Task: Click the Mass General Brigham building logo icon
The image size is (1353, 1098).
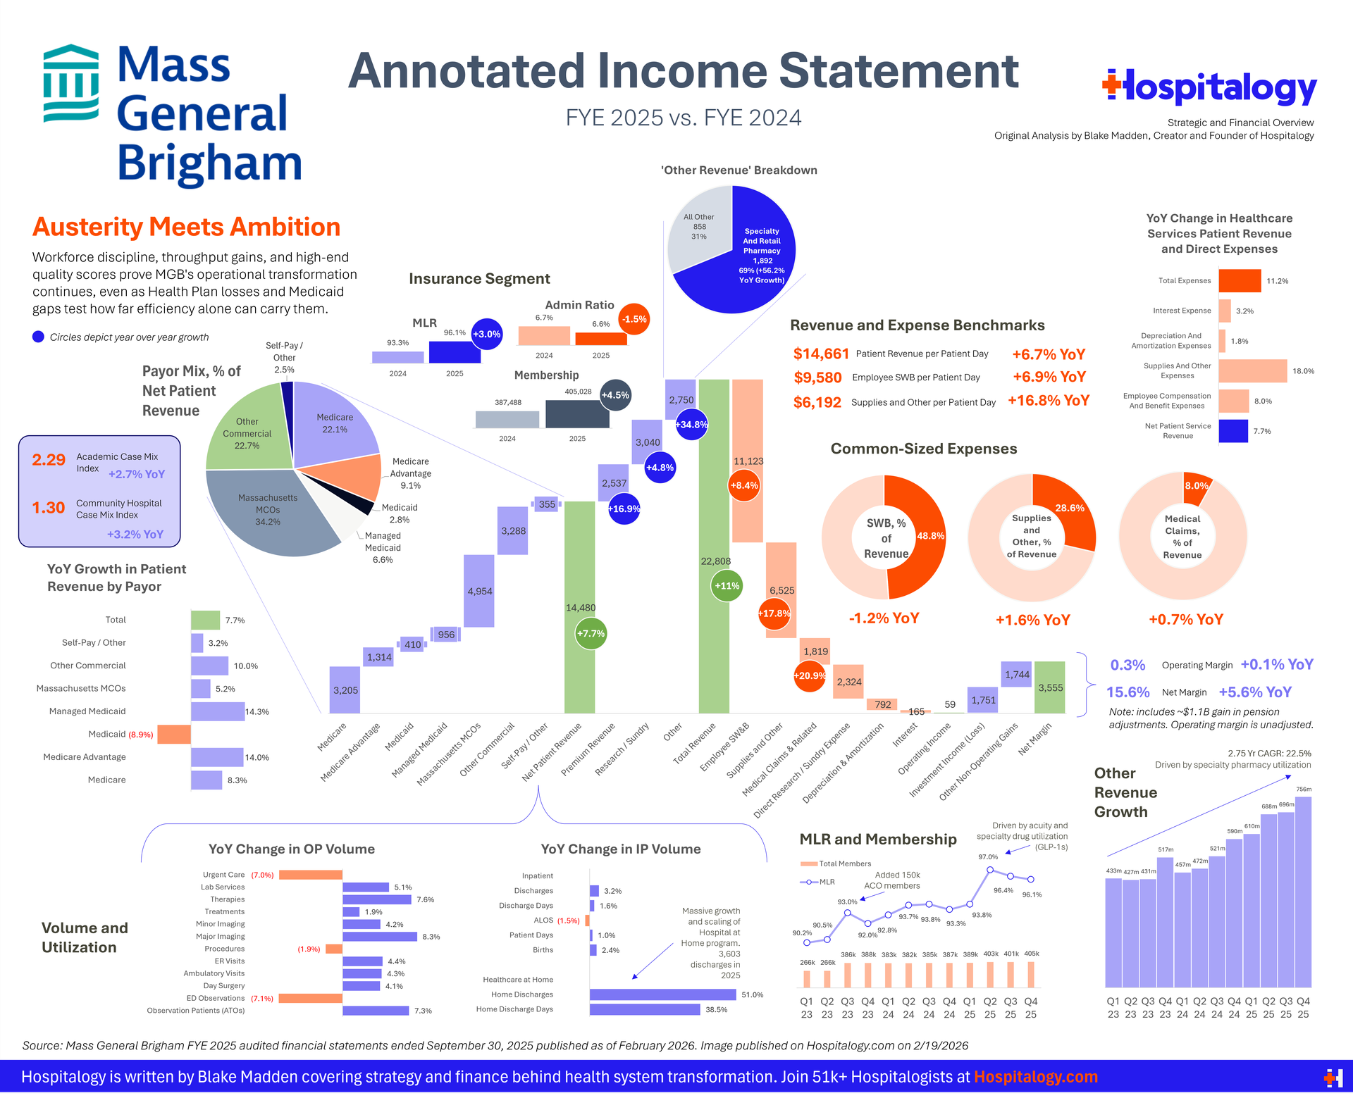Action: [x=70, y=83]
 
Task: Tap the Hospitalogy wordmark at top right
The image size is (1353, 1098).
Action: [x=1209, y=88]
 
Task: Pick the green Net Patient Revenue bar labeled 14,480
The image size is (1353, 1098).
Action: [x=579, y=606]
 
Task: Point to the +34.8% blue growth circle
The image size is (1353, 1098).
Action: [x=691, y=425]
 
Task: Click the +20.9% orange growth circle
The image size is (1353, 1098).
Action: [x=809, y=675]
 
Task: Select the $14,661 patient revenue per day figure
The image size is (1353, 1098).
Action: [x=821, y=354]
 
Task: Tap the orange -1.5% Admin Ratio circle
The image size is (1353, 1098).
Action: [x=634, y=319]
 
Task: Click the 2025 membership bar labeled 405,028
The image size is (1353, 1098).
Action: [x=576, y=413]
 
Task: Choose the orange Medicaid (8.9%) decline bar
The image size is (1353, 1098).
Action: [x=174, y=734]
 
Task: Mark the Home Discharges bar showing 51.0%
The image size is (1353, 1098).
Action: [x=662, y=994]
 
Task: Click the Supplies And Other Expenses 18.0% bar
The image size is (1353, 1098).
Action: [x=1252, y=371]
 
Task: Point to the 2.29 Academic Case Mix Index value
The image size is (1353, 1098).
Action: [x=49, y=460]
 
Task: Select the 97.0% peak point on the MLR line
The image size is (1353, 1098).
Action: [x=989, y=870]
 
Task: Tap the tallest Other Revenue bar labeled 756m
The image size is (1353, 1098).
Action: [x=1303, y=891]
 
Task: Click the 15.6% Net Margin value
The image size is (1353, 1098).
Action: [x=1127, y=692]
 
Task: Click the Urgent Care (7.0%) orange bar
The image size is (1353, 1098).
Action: [x=310, y=875]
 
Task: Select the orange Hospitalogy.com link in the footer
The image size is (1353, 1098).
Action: [x=1035, y=1077]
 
